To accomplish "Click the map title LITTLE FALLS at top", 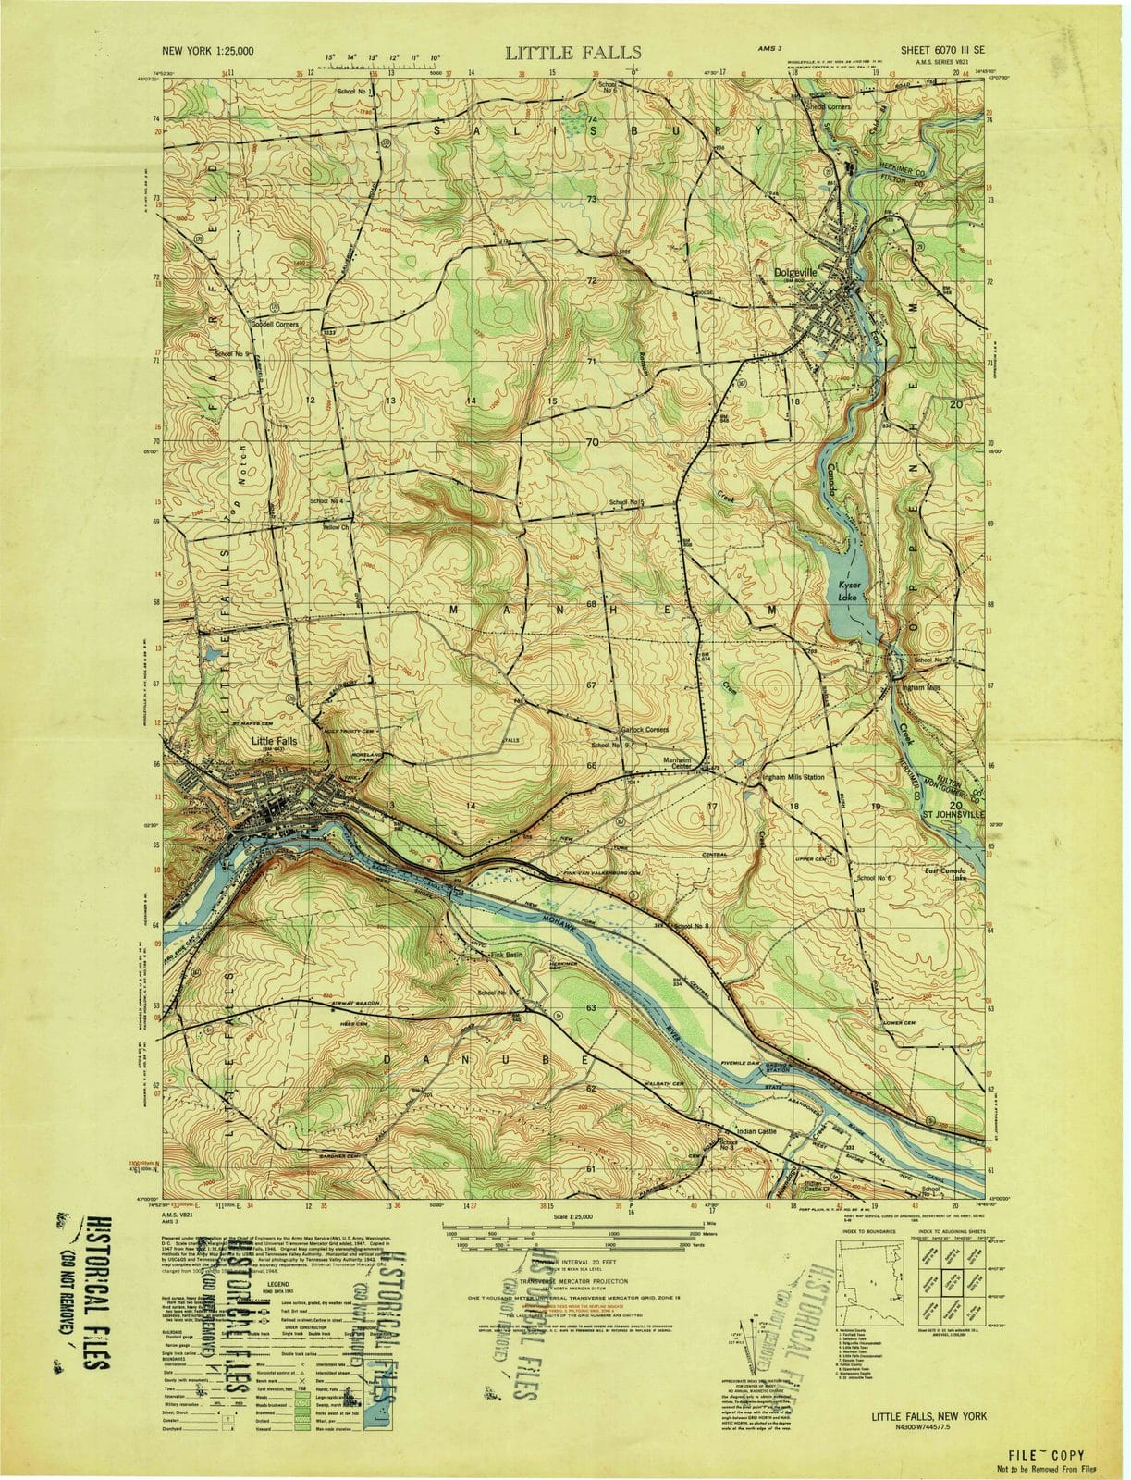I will (x=572, y=52).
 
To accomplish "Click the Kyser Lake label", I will (x=849, y=591).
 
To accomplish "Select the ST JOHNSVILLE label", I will (x=948, y=815).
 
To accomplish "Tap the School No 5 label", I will (x=626, y=502).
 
